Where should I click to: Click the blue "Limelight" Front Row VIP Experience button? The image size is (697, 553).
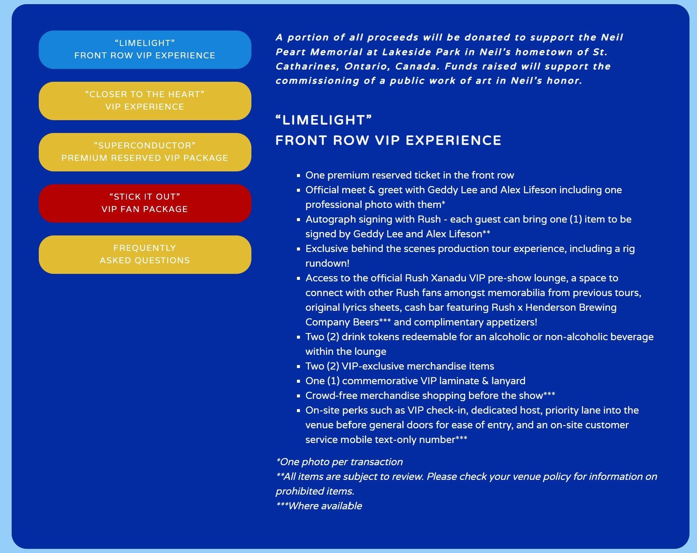coord(145,50)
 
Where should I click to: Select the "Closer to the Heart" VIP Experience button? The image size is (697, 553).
coord(145,101)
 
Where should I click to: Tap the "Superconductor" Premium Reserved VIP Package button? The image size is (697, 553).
coord(145,152)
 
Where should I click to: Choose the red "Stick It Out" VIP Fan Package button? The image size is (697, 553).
coord(145,203)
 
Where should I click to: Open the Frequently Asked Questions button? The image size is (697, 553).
coord(145,255)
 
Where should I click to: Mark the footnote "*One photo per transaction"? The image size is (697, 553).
coord(339,462)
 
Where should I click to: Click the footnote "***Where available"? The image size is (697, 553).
coord(319,506)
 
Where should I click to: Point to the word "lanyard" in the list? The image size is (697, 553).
coord(508,381)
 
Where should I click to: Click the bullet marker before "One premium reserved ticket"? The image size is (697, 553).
coord(298,176)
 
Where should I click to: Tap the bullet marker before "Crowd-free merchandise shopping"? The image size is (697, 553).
coord(298,396)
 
